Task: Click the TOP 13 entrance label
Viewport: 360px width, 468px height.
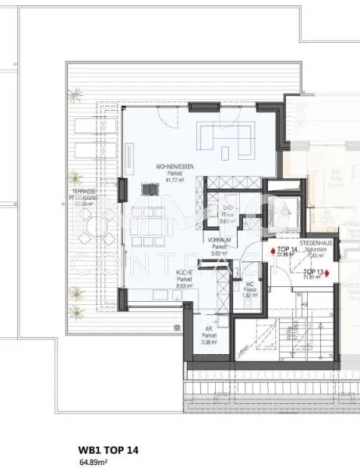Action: tap(313, 270)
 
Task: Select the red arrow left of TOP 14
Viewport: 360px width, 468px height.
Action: tap(272, 251)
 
